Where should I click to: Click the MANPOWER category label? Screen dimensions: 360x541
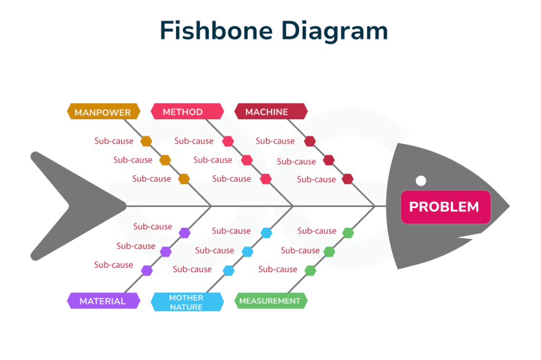tap(103, 112)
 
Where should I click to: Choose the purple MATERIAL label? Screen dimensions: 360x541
tap(103, 301)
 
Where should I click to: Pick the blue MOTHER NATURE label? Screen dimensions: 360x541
tap(186, 302)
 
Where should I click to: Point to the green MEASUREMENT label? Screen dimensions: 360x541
tap(270, 301)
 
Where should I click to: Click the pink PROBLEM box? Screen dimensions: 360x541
tap(445, 207)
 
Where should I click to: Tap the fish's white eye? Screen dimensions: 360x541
tap(421, 181)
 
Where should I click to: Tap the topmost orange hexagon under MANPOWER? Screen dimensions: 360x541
tap(146, 141)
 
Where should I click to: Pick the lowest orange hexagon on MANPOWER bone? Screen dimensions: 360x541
tap(184, 178)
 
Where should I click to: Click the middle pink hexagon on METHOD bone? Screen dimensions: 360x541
tap(247, 160)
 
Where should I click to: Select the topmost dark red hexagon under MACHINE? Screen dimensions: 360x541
tap(310, 141)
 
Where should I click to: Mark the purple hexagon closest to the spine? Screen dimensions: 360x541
tap(184, 232)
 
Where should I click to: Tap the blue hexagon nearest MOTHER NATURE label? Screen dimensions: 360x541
tap(228, 270)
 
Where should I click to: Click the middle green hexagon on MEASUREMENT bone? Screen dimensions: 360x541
tap(329, 251)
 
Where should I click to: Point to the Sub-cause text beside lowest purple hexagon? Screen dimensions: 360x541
tap(114, 265)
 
